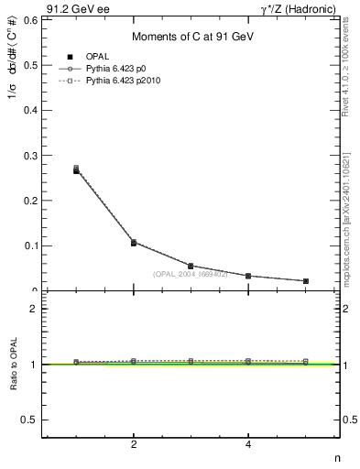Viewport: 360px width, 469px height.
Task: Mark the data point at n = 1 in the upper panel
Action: [x=76, y=170]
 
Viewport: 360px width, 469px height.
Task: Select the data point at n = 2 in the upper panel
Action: [x=134, y=243]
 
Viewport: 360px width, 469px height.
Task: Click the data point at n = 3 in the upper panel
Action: [x=191, y=266]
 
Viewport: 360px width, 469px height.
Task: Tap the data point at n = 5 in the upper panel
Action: [x=305, y=281]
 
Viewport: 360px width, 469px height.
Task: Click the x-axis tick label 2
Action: [x=134, y=445]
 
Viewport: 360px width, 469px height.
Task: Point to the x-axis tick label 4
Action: [x=248, y=445]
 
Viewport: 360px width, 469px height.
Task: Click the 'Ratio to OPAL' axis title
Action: [x=14, y=366]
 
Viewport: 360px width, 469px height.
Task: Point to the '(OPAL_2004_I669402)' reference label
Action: [x=191, y=274]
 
